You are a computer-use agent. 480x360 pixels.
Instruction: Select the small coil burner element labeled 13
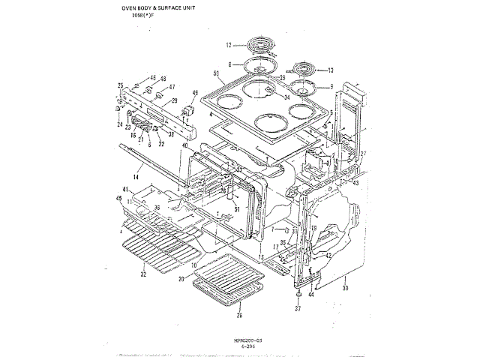pyautogui.click(x=308, y=70)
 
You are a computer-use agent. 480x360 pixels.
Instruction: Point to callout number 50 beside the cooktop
pyautogui.click(x=216, y=73)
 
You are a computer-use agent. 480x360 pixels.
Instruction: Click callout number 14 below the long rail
pyautogui.click(x=136, y=176)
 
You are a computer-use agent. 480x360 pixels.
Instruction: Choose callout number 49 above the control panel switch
pyautogui.click(x=196, y=94)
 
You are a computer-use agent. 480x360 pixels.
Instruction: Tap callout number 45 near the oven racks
pyautogui.click(x=118, y=198)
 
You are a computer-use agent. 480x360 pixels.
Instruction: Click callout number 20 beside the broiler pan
pyautogui.click(x=181, y=279)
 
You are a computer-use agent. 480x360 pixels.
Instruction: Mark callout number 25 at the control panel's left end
pyautogui.click(x=120, y=86)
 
